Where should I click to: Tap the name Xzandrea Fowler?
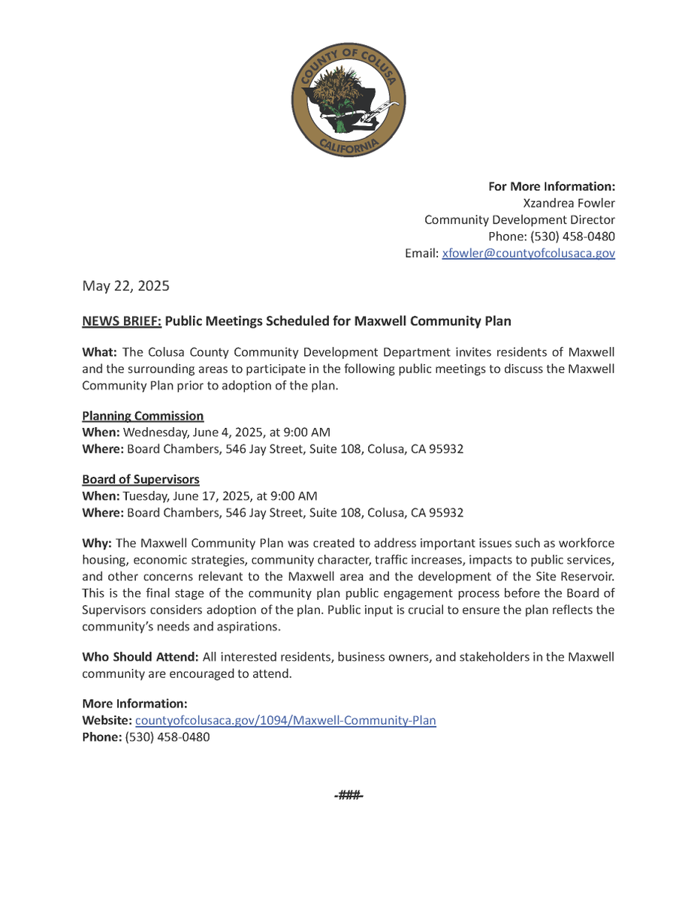(569, 203)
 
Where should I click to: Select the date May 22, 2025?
(125, 286)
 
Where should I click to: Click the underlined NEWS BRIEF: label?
(121, 321)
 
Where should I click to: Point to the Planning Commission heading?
(143, 416)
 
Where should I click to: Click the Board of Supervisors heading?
(140, 479)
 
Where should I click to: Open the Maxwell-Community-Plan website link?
(285, 721)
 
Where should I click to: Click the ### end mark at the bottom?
(348, 795)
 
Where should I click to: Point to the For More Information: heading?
(551, 186)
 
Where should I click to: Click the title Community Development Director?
(520, 220)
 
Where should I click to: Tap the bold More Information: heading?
(134, 704)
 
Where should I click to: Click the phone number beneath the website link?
(167, 737)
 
